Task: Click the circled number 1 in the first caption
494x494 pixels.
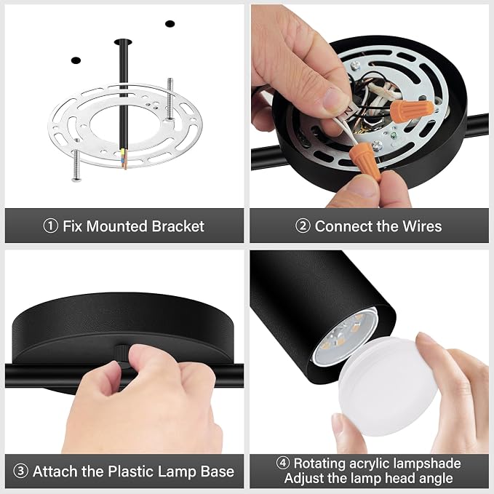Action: pyautogui.click(x=50, y=226)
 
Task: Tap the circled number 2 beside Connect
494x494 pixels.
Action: pyautogui.click(x=303, y=226)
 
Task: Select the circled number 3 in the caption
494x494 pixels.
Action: pyautogui.click(x=21, y=471)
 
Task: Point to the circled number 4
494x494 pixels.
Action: pyautogui.click(x=282, y=463)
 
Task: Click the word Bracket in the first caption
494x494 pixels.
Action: pyautogui.click(x=178, y=226)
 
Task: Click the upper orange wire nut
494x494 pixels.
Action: pyautogui.click(x=412, y=108)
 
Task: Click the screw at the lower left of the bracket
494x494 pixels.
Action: pyautogui.click(x=76, y=165)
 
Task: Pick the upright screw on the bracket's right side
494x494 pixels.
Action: pyautogui.click(x=170, y=99)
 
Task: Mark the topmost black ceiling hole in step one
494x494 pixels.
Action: pyautogui.click(x=170, y=23)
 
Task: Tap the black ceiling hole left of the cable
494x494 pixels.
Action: pyautogui.click(x=76, y=60)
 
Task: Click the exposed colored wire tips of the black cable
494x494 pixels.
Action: pyautogui.click(x=124, y=158)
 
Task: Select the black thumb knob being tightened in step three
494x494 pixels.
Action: pyautogui.click(x=121, y=356)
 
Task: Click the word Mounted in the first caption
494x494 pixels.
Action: pyautogui.click(x=117, y=226)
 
